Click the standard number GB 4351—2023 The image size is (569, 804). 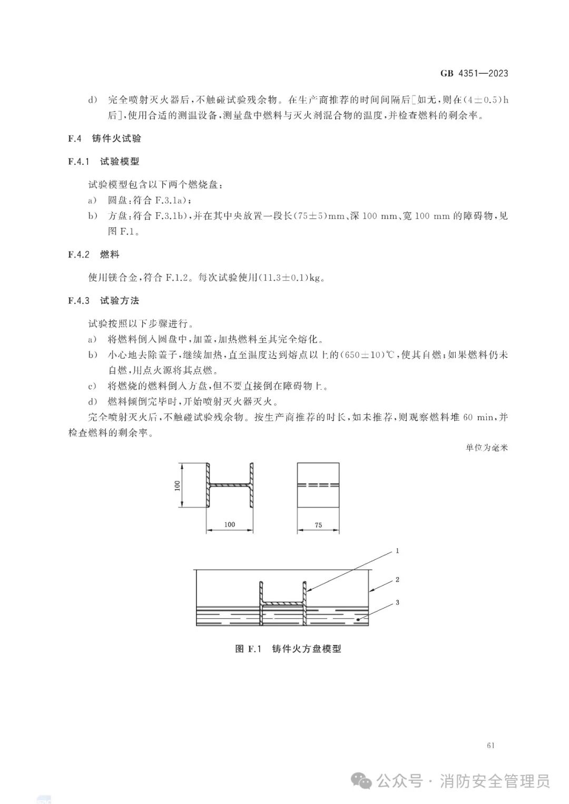pos(474,73)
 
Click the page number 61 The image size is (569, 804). pos(491,745)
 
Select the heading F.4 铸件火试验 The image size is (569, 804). pos(105,138)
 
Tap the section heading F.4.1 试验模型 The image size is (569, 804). pos(104,162)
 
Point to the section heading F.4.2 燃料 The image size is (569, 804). pos(94,254)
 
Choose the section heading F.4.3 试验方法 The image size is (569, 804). pos(104,301)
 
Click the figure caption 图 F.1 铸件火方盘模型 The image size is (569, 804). pos(288,649)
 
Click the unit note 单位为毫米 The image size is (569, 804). pos(487,448)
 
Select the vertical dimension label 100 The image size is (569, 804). pos(178,485)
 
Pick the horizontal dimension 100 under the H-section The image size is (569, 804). pos(229,524)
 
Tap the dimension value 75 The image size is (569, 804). pos(318,525)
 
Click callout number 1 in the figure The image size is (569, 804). pos(397,551)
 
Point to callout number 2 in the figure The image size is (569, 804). pos(397,580)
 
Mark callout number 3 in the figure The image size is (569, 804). pos(397,602)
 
